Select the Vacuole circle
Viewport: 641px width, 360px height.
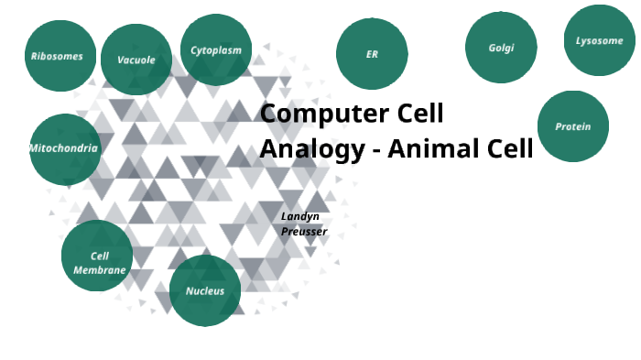pyautogui.click(x=136, y=60)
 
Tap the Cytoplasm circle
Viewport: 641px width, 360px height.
pyautogui.click(x=216, y=50)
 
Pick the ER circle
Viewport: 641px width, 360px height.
pyautogui.click(x=372, y=54)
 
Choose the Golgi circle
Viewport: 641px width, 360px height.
pyautogui.click(x=501, y=48)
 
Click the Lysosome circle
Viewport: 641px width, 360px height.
pyautogui.click(x=600, y=40)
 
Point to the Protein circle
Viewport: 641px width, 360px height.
pyautogui.click(x=573, y=126)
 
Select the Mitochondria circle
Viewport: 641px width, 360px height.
pyautogui.click(x=65, y=149)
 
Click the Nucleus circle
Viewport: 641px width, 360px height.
pyautogui.click(x=205, y=290)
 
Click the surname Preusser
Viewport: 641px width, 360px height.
pyautogui.click(x=304, y=231)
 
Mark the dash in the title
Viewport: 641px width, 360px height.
pyautogui.click(x=376, y=150)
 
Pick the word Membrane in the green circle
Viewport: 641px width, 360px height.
pyautogui.click(x=100, y=270)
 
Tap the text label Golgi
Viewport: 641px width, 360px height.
pyautogui.click(x=501, y=48)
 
